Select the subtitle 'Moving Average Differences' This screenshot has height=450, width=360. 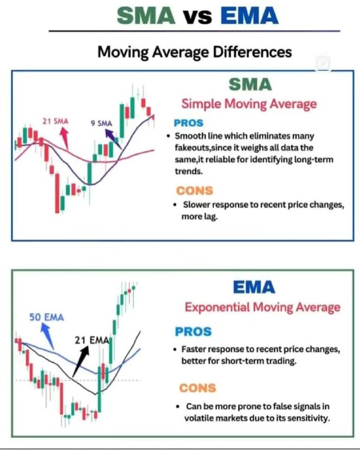point(194,51)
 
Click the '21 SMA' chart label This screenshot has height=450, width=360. point(55,121)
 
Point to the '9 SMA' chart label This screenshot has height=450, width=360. point(102,123)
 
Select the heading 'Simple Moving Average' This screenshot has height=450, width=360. point(249,104)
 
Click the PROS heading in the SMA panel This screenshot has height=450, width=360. point(188,123)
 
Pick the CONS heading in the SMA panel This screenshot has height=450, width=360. point(194,190)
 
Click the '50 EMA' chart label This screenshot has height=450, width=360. point(47,317)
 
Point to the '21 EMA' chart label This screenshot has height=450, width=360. point(92,339)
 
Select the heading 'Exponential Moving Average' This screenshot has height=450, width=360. point(262,307)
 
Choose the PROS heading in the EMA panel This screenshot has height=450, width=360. point(193,332)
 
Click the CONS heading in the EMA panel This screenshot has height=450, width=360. point(197,387)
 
